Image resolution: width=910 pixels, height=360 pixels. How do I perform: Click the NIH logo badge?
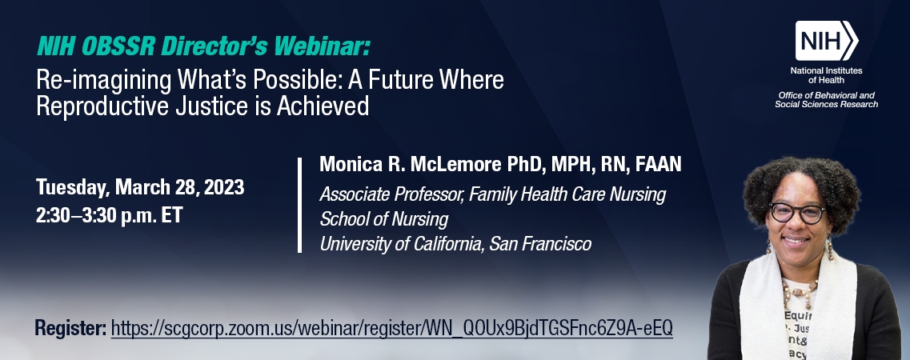[827, 41]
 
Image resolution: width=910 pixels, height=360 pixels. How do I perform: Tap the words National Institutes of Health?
[827, 75]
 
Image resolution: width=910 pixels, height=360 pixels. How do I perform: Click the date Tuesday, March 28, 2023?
[140, 187]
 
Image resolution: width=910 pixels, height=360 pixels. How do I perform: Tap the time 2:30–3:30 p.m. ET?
[109, 215]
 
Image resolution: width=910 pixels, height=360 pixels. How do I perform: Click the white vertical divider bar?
[299, 206]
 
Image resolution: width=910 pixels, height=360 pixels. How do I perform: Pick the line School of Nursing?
[384, 219]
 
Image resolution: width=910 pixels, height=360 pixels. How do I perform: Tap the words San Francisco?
[540, 244]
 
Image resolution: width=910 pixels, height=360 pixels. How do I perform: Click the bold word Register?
[70, 328]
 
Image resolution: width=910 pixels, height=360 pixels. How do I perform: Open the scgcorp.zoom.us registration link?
[391, 328]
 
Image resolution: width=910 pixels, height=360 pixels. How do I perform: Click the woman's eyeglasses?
[798, 213]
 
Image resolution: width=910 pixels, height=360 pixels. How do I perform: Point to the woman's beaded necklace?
[800, 288]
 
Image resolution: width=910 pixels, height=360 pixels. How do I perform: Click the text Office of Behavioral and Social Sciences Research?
[827, 100]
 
